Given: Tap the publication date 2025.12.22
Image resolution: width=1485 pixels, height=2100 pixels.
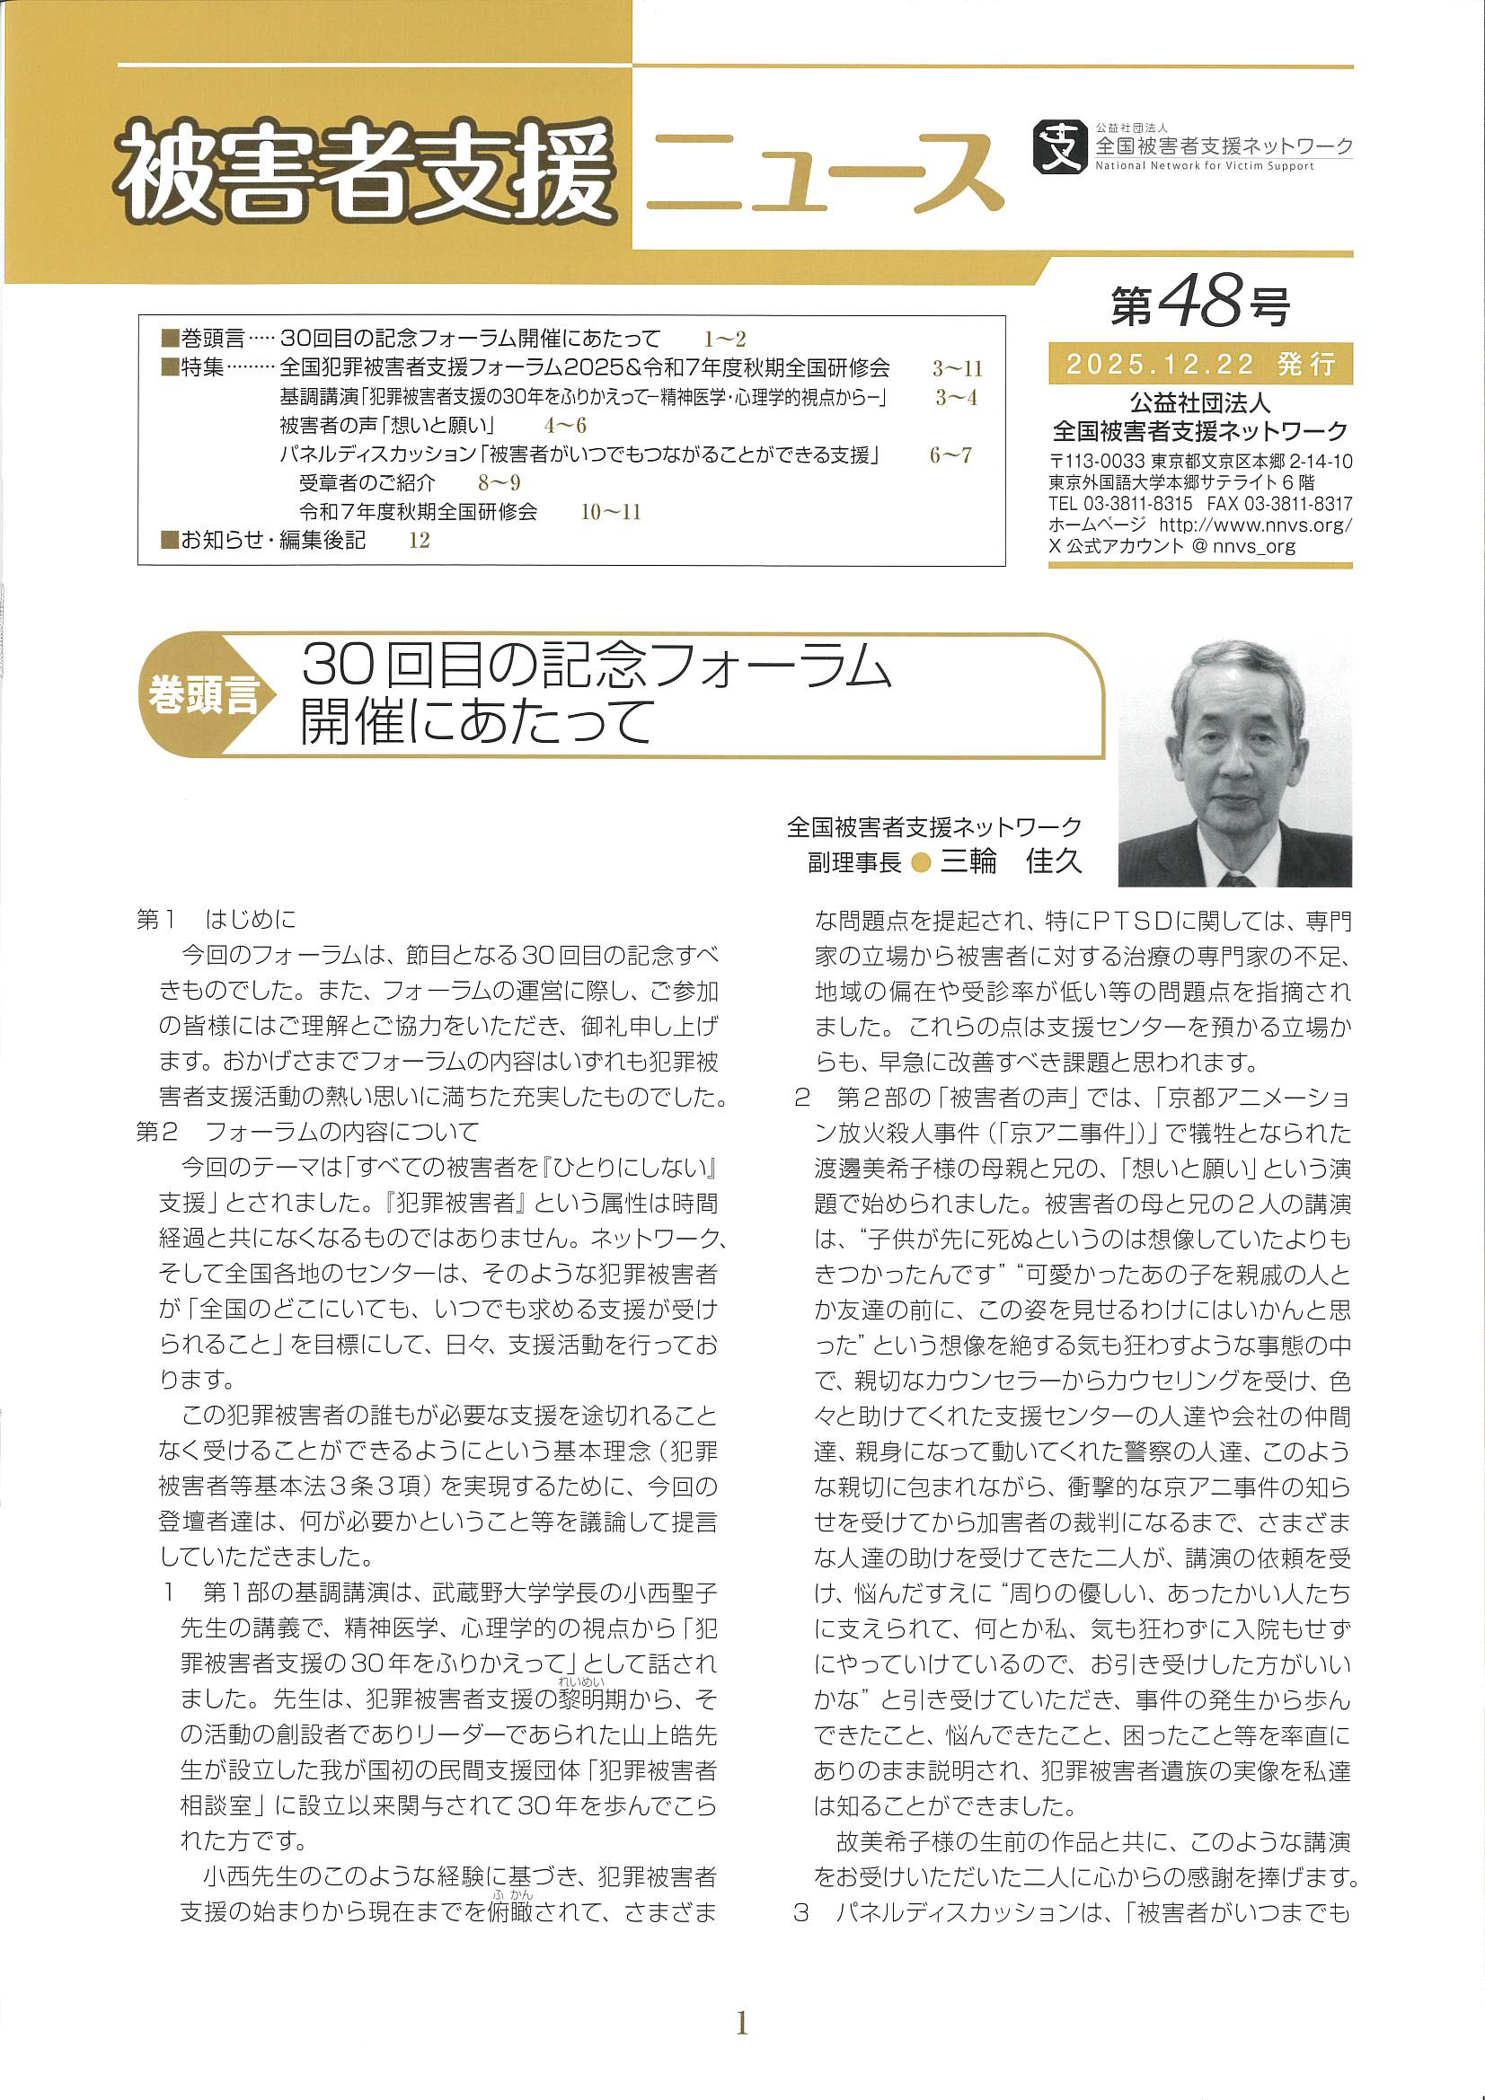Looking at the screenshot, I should coord(1161,365).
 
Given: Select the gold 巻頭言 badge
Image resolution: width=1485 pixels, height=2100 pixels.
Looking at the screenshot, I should coord(203,694).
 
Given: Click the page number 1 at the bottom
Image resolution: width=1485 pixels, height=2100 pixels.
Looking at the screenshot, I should coord(742,2022).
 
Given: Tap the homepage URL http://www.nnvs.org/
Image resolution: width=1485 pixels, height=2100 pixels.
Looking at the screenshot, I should coord(1255,525).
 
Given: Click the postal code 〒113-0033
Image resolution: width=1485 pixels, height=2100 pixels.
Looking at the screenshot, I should coord(1096,462).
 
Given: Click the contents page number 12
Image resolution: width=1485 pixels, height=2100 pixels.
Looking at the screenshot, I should coord(419,541).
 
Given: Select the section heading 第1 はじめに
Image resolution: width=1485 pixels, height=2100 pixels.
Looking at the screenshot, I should coord(216,919).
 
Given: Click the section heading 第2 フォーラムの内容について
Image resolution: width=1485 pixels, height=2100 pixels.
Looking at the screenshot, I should coord(307,1133).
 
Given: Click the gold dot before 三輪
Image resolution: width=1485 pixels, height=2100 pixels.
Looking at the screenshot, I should coord(922,862).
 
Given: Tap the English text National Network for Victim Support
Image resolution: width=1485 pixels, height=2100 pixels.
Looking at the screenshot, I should coord(1204,166).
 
